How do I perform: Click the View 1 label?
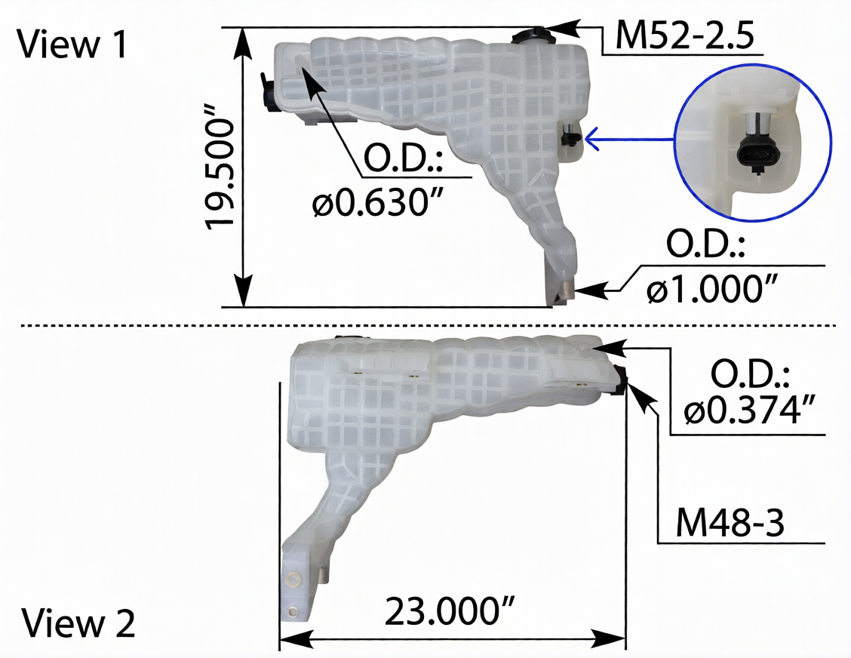click(x=72, y=44)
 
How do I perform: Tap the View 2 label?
click(x=78, y=623)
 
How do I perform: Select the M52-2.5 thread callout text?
click(x=684, y=35)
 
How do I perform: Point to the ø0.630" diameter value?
click(x=378, y=204)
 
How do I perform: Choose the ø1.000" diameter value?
click(x=712, y=287)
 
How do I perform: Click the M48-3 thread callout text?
click(x=730, y=524)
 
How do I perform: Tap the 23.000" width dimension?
click(x=450, y=610)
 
